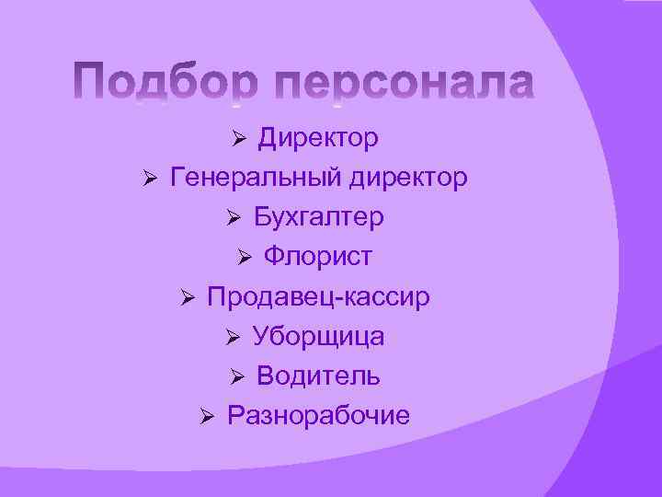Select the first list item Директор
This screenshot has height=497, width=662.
317,138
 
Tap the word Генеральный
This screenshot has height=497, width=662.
257,178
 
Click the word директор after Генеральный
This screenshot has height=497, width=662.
408,178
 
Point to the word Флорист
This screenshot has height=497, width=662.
318,257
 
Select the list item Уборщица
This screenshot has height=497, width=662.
318,337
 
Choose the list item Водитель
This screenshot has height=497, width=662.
318,376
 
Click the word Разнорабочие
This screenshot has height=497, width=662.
318,416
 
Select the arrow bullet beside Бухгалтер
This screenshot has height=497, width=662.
234,219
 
